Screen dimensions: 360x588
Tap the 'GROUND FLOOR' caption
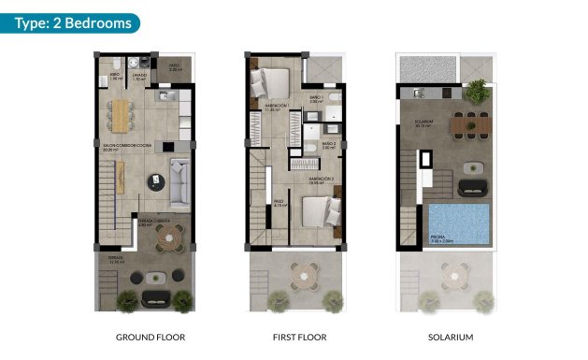point(150,337)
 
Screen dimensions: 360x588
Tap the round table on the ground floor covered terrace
point(167,238)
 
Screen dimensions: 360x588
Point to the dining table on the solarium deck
point(466,122)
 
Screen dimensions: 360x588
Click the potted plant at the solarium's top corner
point(478,90)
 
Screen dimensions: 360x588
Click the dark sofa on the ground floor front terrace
point(156,298)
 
